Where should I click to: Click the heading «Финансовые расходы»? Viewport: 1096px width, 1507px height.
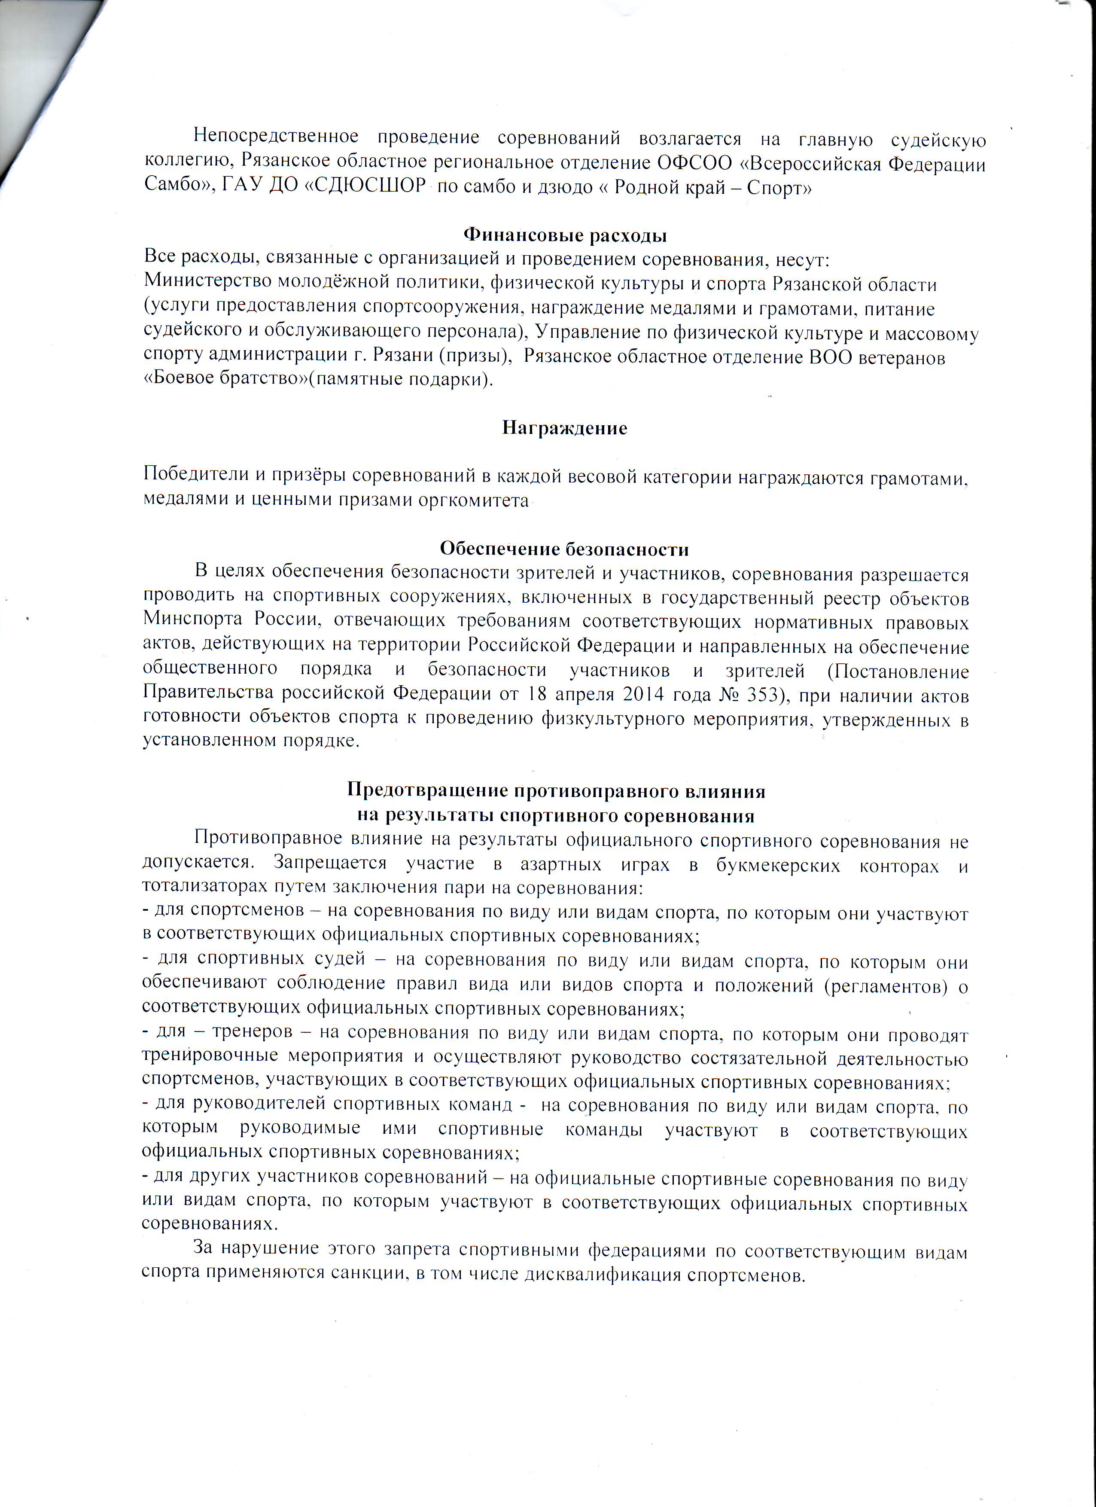tap(565, 235)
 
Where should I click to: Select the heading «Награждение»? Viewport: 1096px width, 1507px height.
tap(565, 427)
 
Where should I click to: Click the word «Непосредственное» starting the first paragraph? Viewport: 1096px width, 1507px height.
tap(276, 137)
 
